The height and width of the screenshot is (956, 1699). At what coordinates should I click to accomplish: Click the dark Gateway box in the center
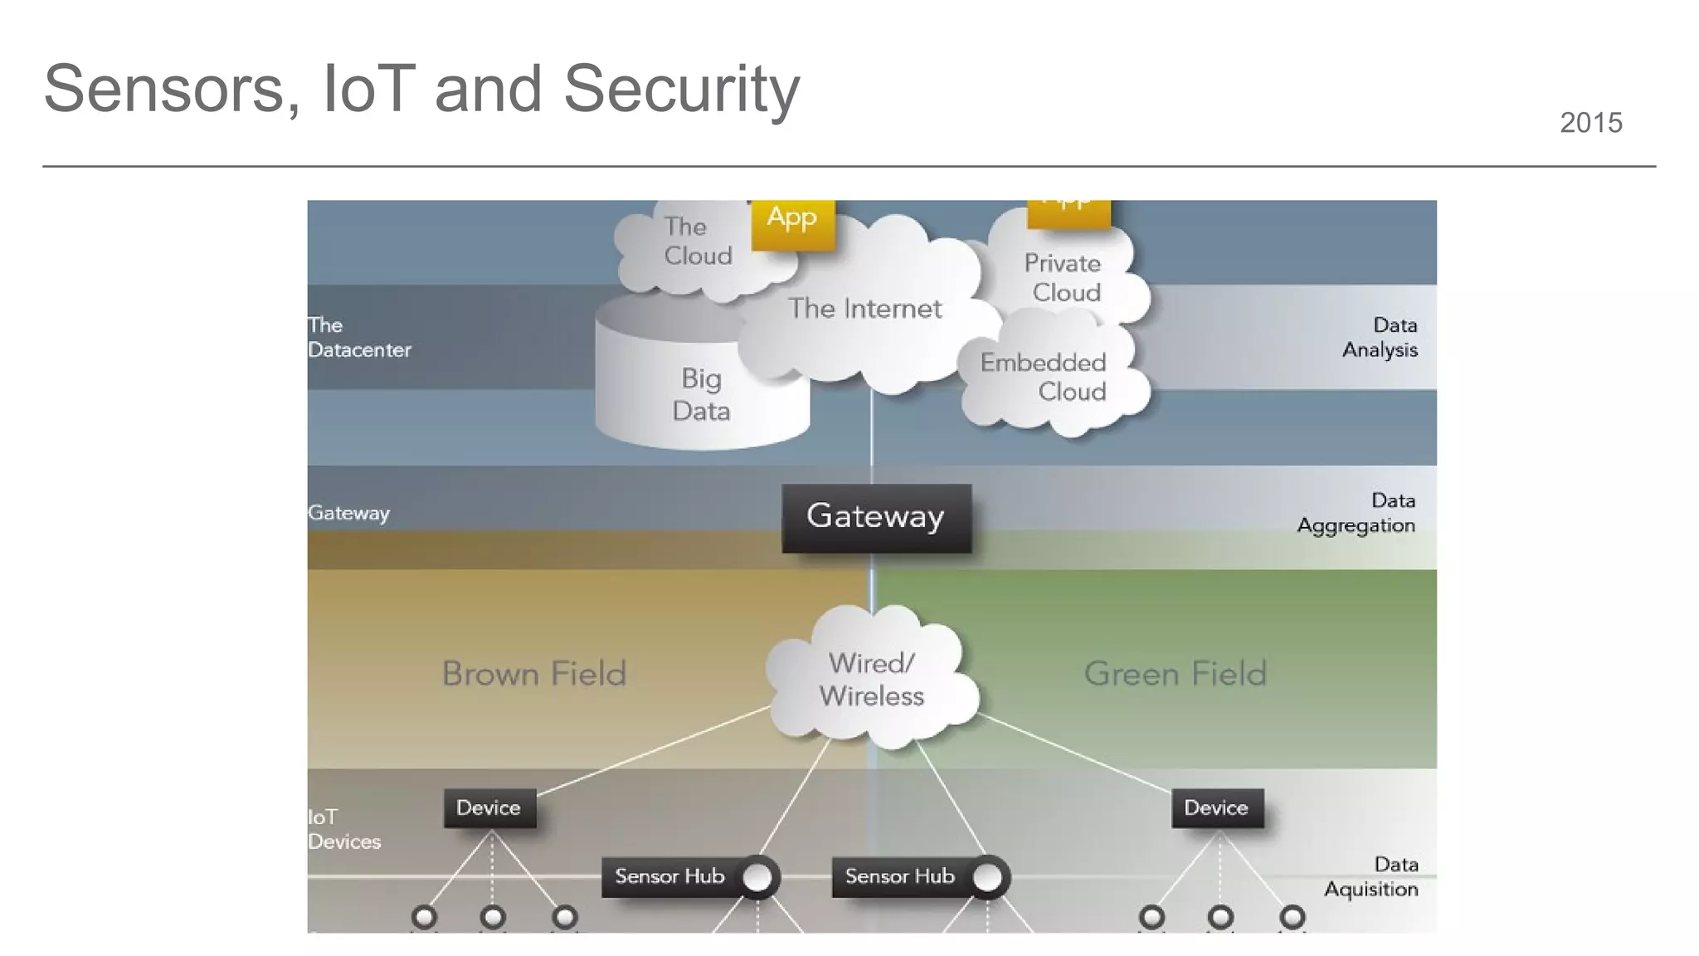tap(876, 517)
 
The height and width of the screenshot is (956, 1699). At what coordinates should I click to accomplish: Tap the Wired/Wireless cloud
tap(871, 679)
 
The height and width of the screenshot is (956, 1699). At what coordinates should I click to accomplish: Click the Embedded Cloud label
tap(1044, 377)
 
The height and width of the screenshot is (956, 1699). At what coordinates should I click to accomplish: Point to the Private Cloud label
tap(1064, 278)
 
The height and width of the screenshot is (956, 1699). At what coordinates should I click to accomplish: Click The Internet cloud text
tap(864, 309)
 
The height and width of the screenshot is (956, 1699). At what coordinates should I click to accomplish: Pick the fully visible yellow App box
tap(792, 220)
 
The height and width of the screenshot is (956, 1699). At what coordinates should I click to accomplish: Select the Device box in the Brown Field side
tap(489, 807)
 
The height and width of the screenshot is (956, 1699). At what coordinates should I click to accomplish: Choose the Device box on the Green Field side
tap(1217, 807)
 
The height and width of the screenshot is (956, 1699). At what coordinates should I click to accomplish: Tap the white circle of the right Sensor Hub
tap(987, 877)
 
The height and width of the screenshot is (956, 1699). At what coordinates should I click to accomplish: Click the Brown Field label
tap(533, 673)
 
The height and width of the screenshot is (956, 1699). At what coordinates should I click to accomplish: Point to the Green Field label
tap(1175, 673)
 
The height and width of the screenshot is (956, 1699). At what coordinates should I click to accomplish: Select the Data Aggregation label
tap(1356, 513)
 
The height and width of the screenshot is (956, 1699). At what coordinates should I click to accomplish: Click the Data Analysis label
tap(1380, 337)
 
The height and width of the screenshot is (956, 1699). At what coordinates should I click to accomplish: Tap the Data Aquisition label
tap(1371, 876)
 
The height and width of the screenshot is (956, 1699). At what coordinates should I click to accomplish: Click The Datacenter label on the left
tap(358, 337)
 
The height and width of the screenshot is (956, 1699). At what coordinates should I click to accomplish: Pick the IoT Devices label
tap(343, 829)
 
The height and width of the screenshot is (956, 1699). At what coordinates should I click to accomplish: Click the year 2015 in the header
tap(1590, 123)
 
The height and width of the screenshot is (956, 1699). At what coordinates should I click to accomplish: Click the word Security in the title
tap(681, 89)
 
